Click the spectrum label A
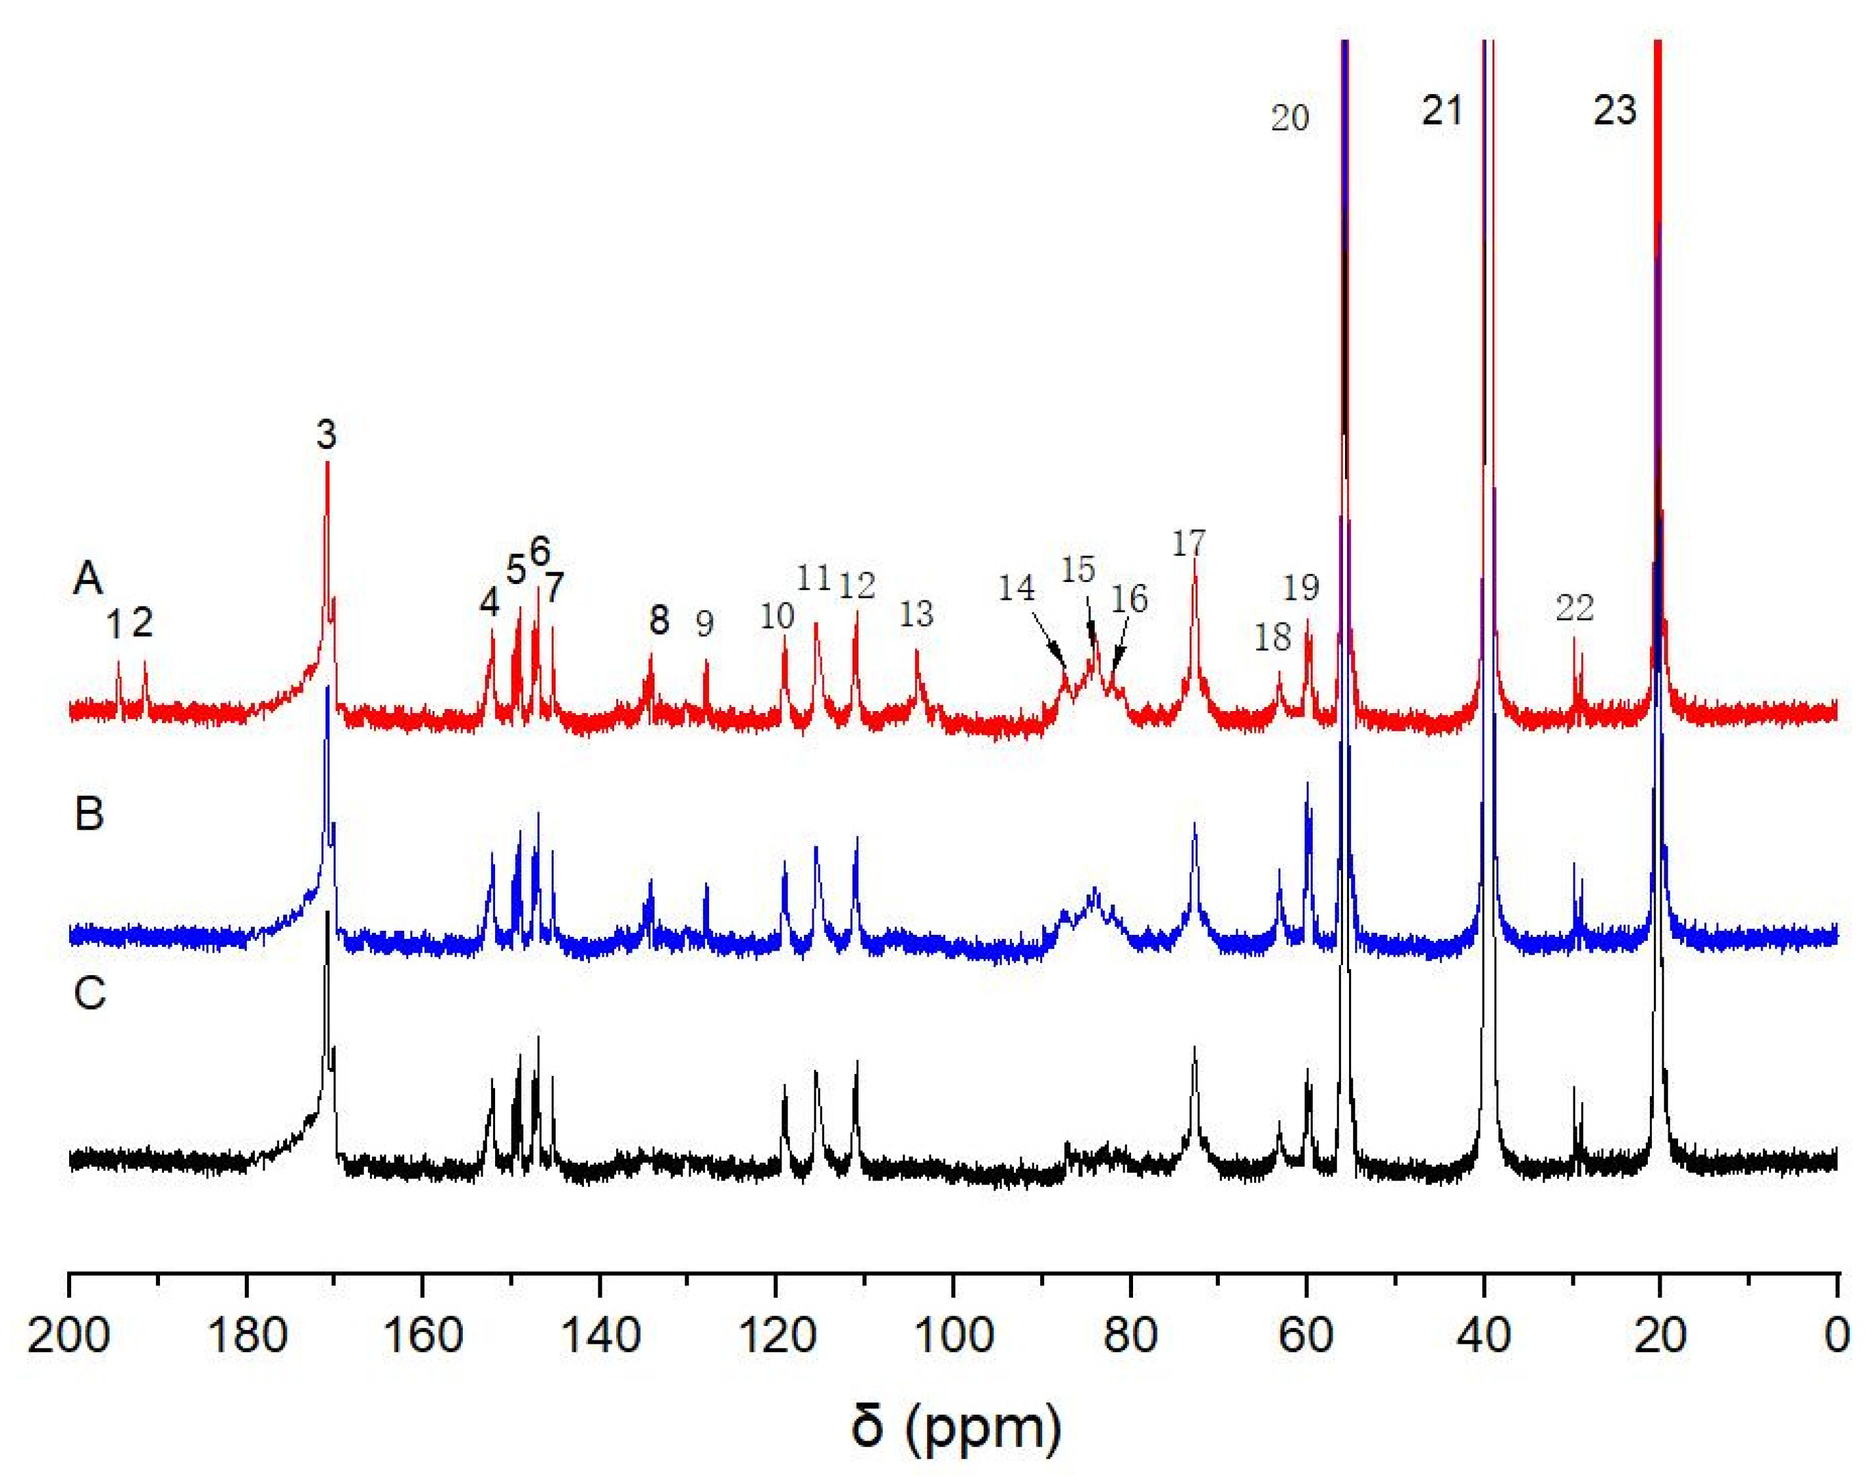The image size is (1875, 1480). (88, 579)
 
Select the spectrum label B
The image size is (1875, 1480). (90, 814)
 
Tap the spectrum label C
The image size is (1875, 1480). (90, 994)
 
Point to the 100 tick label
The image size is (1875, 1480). (953, 1337)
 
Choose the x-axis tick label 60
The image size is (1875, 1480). (1307, 1337)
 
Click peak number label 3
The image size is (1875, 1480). (326, 435)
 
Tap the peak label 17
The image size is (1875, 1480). (1189, 543)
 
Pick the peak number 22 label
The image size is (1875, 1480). (1574, 608)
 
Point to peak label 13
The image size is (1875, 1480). (916, 614)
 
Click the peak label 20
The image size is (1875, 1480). (1289, 117)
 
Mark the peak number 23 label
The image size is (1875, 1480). (1614, 111)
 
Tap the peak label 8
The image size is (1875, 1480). (660, 620)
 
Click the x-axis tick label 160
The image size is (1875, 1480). (422, 1337)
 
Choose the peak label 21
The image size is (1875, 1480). (1442, 111)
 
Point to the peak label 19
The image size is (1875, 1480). (1300, 587)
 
